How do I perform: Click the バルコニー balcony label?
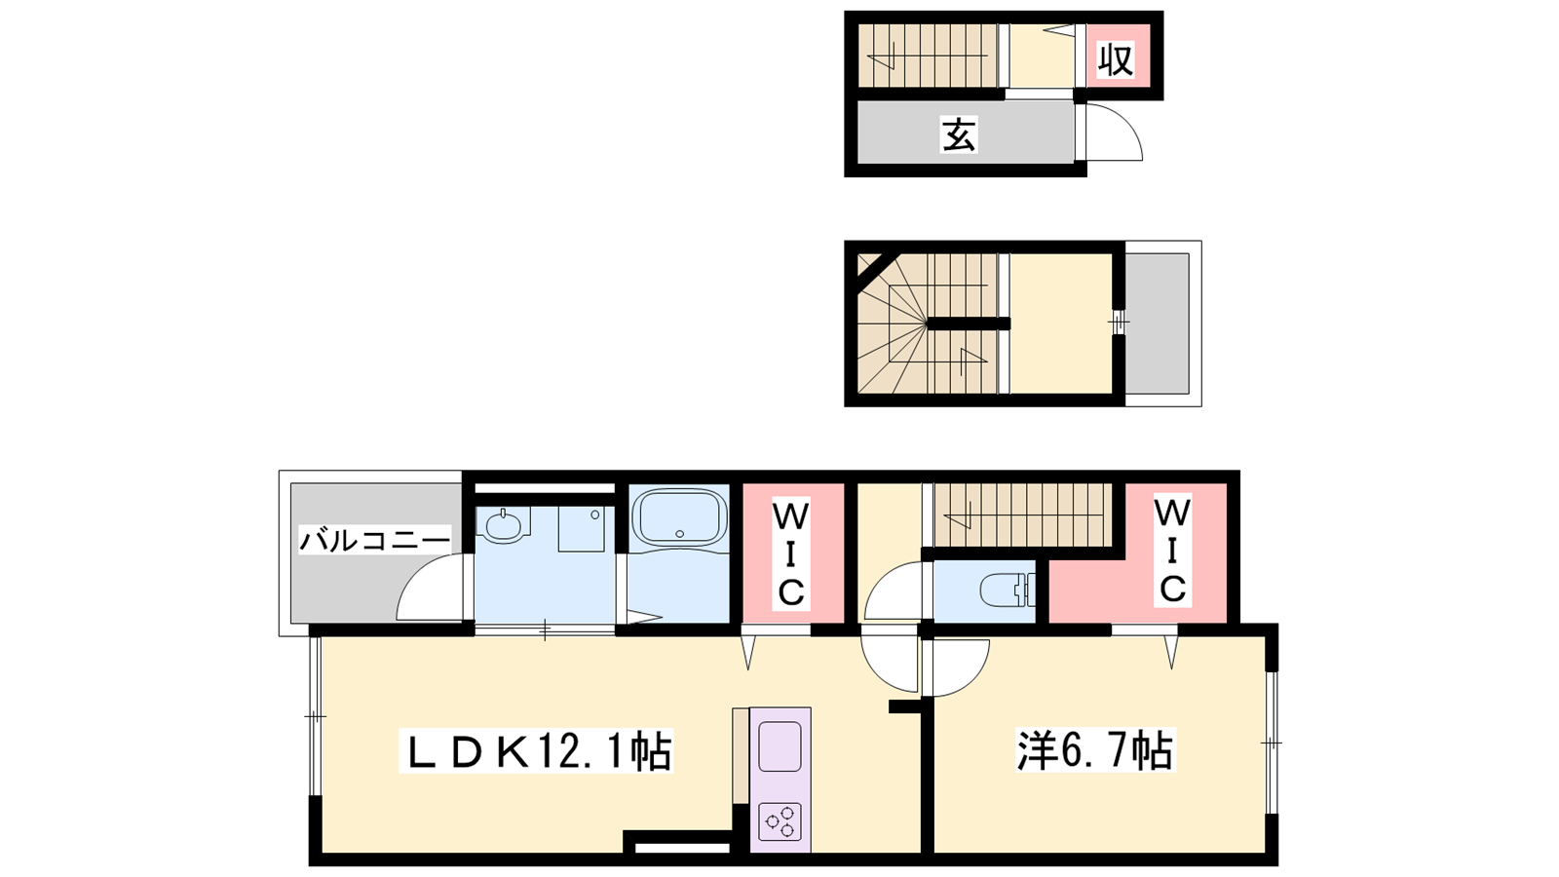point(375,540)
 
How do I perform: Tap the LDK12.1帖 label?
point(536,750)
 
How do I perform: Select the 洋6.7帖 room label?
point(1095,750)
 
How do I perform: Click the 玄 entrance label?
point(959,135)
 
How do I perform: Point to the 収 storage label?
point(1116,59)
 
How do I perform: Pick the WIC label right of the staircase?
point(1173,550)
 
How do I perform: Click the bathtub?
point(678,517)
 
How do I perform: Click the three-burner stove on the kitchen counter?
point(779,822)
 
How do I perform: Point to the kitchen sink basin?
point(779,746)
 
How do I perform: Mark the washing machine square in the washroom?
point(581,528)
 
